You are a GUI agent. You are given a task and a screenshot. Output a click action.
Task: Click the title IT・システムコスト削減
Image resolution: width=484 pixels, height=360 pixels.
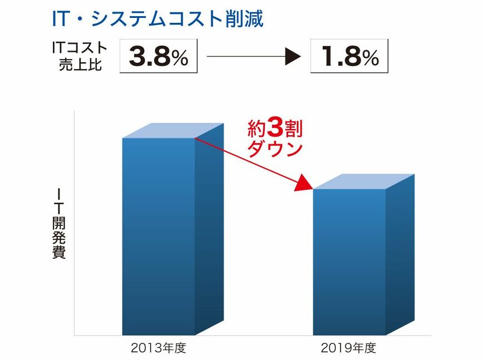point(157,18)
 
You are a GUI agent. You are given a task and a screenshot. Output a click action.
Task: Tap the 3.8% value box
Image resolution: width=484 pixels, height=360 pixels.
point(159,56)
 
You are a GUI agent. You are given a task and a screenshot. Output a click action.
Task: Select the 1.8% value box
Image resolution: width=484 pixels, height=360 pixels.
point(349,56)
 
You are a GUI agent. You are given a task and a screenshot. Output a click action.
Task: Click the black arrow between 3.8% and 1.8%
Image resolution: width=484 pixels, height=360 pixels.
point(253,56)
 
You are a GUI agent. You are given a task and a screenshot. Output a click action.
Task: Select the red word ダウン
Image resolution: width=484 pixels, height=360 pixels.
point(275,149)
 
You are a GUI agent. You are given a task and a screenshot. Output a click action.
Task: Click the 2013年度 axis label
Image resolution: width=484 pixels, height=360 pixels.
point(158,349)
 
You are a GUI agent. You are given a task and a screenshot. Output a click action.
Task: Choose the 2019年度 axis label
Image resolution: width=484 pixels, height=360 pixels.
point(349,349)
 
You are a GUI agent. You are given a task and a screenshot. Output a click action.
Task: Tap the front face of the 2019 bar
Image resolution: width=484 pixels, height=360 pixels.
point(349,262)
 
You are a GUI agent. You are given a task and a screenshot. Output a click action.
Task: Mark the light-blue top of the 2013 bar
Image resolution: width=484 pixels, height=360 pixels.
point(173,130)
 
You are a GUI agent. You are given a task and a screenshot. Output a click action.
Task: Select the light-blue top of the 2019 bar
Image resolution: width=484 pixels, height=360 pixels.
point(364,181)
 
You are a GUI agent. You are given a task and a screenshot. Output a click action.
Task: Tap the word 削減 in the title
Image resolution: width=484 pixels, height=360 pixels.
point(244,18)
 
